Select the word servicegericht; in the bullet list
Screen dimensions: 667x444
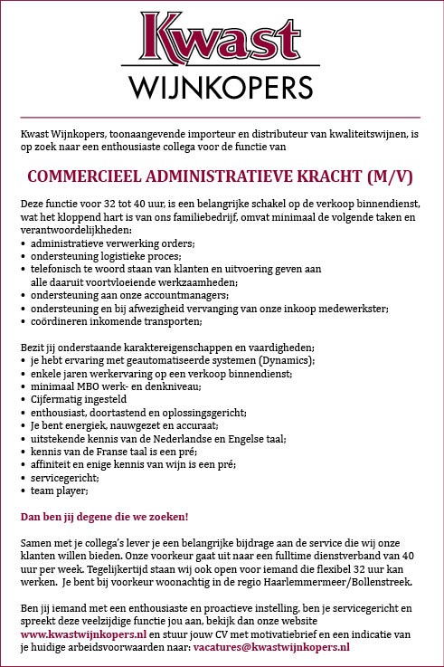click(63, 477)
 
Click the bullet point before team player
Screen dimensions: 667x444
click(23, 491)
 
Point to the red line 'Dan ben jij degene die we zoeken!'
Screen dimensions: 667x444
click(104, 517)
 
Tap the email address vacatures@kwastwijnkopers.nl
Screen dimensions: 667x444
click(271, 648)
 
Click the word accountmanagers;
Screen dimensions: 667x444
click(184, 295)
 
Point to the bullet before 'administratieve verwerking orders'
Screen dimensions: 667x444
click(23, 244)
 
